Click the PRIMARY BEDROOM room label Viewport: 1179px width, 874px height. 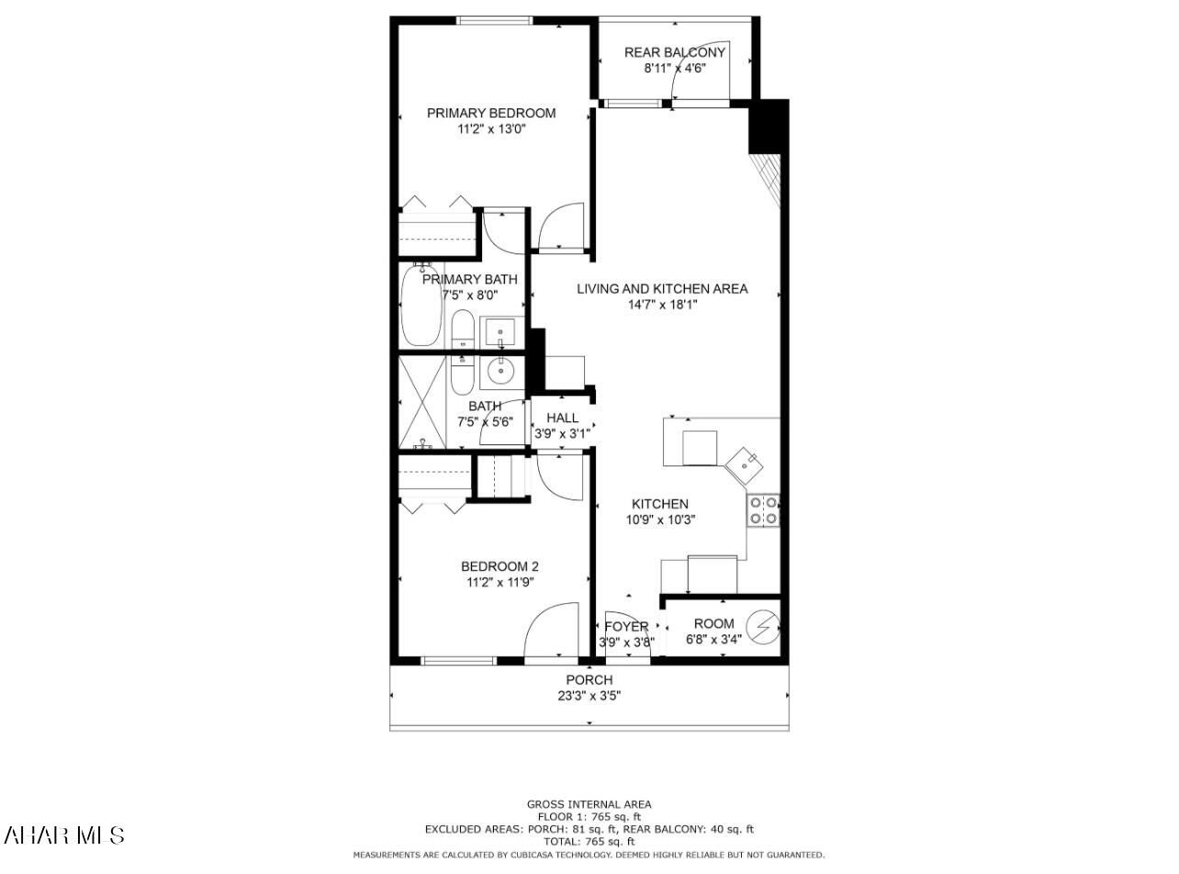(x=491, y=113)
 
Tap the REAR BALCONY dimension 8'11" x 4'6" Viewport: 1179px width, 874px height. (x=674, y=68)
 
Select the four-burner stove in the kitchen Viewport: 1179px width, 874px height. (x=763, y=510)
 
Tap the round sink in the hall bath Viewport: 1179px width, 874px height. (x=500, y=372)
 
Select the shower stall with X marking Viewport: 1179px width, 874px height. (x=421, y=401)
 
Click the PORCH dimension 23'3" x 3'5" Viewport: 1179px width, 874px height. (x=589, y=695)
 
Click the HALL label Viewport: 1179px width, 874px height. (x=562, y=418)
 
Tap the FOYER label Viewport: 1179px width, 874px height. (x=626, y=627)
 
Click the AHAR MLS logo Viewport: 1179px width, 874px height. (x=64, y=835)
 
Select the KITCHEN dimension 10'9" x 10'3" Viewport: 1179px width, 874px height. (x=659, y=520)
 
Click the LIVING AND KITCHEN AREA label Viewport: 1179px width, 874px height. (x=662, y=288)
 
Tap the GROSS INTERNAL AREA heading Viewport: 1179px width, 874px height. (x=589, y=804)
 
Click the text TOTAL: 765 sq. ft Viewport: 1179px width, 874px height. (x=589, y=841)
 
